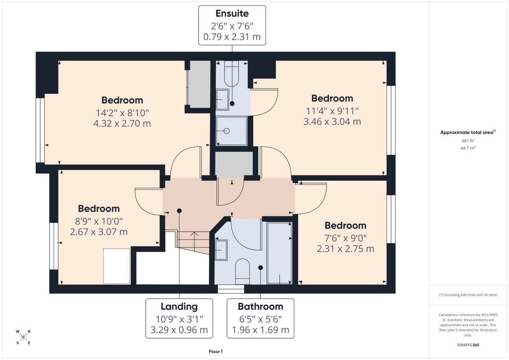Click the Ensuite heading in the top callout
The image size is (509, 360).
(232, 14)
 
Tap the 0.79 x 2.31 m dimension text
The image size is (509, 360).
(232, 37)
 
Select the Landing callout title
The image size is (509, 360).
(179, 307)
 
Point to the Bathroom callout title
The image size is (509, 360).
(260, 307)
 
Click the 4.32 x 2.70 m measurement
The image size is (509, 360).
(122, 124)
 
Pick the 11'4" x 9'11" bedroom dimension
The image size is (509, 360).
(332, 111)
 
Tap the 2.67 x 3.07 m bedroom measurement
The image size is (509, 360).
(99, 232)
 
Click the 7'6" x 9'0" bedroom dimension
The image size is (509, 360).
(346, 238)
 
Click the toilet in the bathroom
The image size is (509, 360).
(243, 271)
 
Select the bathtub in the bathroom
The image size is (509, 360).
(280, 253)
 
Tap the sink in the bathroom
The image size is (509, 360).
(221, 250)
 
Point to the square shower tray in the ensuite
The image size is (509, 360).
(231, 131)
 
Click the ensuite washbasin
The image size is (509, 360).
(222, 100)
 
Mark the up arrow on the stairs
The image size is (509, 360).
(194, 241)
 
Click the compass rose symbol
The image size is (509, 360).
(23, 337)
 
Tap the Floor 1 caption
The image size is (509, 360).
(216, 352)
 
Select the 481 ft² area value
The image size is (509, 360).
(468, 141)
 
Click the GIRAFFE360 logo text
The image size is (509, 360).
(468, 345)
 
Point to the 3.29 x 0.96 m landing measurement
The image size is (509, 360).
(179, 330)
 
